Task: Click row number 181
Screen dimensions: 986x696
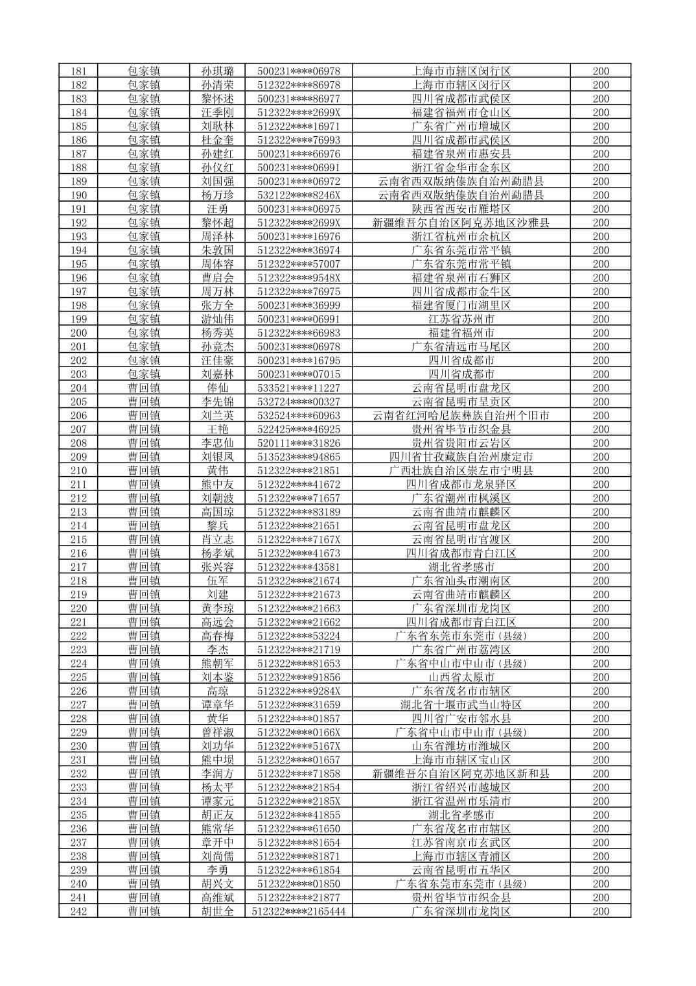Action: (78, 71)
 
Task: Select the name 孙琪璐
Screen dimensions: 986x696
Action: (218, 71)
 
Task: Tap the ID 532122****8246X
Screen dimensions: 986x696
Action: (299, 195)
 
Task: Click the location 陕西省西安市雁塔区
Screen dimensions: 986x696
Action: (461, 209)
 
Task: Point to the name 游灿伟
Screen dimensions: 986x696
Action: (218, 319)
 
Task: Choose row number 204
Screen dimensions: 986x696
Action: (78, 388)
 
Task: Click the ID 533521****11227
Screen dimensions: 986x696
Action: (299, 388)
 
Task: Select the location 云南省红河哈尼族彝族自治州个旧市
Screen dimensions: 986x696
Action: (461, 416)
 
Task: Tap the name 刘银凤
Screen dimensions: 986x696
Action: (218, 457)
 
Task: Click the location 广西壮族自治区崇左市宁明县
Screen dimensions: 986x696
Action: (461, 471)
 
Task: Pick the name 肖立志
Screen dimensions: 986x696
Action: (218, 540)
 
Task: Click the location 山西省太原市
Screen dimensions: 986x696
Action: (461, 677)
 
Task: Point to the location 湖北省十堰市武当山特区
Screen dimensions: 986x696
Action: (461, 704)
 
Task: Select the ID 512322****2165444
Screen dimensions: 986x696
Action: (299, 911)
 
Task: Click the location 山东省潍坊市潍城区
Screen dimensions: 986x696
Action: (461, 746)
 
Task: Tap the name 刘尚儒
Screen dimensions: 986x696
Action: (218, 856)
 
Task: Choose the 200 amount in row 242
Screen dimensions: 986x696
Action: (601, 911)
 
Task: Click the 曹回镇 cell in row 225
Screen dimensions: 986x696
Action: (144, 677)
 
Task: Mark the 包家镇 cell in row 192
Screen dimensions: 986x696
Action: (144, 222)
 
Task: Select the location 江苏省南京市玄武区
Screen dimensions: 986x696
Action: (461, 843)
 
